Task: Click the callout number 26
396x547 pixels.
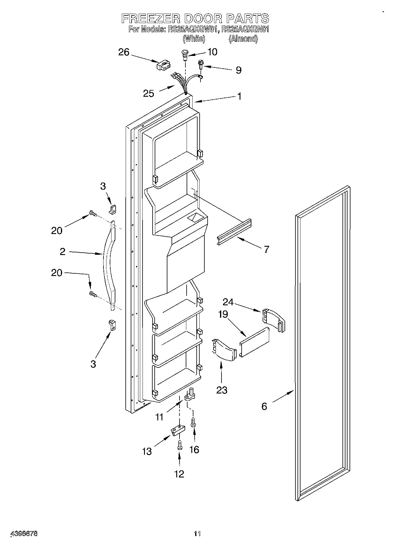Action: (x=124, y=52)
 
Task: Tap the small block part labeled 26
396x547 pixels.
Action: (x=163, y=65)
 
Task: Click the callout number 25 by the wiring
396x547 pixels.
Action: (x=148, y=93)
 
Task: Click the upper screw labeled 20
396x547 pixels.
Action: (x=93, y=213)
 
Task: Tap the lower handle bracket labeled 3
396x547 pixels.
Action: (x=112, y=325)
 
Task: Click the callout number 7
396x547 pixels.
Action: (x=266, y=249)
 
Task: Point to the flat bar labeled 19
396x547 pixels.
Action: (x=254, y=343)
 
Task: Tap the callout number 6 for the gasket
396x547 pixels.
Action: (x=264, y=406)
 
